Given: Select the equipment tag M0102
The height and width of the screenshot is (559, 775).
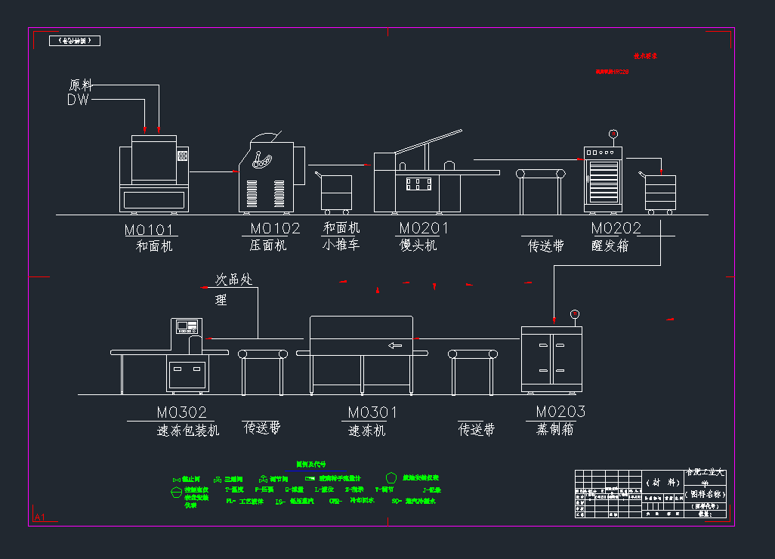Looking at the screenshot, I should coord(275,228).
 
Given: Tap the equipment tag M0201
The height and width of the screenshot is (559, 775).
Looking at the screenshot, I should coord(423,228).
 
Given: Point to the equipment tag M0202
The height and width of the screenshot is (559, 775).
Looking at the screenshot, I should coord(616,228).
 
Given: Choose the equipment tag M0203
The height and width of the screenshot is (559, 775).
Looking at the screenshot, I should coord(560,412).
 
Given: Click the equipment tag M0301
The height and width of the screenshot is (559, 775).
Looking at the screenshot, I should coord(372,412).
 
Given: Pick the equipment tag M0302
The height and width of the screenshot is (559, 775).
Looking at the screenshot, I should coord(181,412).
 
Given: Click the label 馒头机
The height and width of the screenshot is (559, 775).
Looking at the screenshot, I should coord(418,246).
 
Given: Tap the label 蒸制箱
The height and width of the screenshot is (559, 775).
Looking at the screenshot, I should coord(554,429).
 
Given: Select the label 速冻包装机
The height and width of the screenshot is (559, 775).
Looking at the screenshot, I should coord(188,430).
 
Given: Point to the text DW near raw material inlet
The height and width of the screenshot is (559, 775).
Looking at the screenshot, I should coord(78,100).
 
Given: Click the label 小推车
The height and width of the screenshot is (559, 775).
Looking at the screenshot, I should coord(341,245).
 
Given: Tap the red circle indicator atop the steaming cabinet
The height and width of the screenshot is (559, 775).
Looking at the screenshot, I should coord(574,314).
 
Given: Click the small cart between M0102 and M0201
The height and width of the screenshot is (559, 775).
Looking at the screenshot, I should coord(335,193).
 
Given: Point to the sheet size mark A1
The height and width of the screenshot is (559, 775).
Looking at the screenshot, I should coord(39,517).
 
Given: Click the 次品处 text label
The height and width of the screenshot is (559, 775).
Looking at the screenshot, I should coord(233,279).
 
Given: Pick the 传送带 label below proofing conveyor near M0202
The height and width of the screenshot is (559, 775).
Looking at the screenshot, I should coord(545,246).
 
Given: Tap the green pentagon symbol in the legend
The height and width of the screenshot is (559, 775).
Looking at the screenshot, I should coord(391,477).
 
